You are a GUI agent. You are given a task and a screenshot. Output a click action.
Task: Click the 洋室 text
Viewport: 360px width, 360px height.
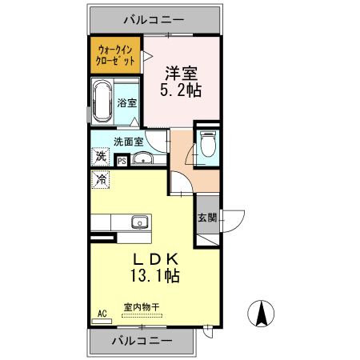[x=180, y=72]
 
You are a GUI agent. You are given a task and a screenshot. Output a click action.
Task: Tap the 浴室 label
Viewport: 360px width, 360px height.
[x=127, y=102]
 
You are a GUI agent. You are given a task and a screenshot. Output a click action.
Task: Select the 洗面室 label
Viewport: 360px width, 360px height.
[x=127, y=142]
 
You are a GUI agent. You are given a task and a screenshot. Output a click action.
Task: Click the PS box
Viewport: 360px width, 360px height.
[x=122, y=161]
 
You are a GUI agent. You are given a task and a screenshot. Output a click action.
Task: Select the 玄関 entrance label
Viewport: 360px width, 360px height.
[x=206, y=217]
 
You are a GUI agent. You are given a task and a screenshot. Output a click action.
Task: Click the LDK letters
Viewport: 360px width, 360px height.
[x=155, y=258]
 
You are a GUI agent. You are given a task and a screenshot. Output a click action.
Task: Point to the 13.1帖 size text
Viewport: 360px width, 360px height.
[x=155, y=276]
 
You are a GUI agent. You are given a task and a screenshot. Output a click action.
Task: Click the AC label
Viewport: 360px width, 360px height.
[x=101, y=314]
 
